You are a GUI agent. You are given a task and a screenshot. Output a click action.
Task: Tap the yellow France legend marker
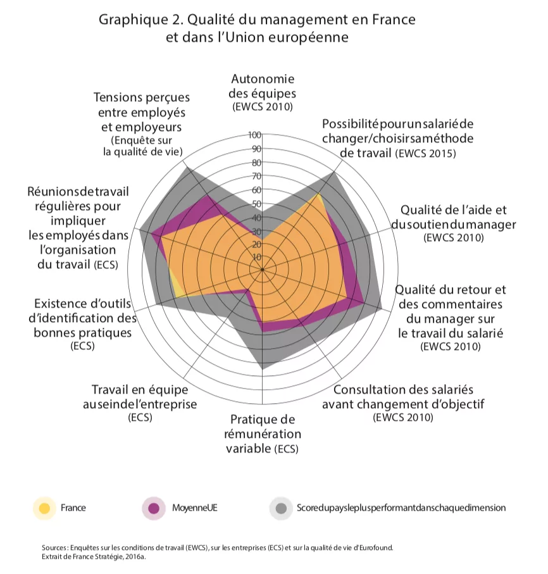click(44, 508)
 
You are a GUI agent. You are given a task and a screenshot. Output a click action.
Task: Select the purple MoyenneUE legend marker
click(154, 508)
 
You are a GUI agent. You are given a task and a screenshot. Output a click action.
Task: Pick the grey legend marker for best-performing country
click(281, 508)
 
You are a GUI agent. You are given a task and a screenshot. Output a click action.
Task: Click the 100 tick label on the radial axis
click(255, 135)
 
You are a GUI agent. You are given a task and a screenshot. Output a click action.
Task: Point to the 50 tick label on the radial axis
click(257, 204)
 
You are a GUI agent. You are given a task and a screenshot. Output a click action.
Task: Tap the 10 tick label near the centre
click(257, 257)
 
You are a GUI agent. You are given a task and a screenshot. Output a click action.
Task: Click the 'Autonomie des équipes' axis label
click(263, 92)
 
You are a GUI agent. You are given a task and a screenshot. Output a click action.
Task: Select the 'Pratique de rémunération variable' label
click(263, 434)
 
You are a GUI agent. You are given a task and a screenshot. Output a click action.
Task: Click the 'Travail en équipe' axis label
click(140, 402)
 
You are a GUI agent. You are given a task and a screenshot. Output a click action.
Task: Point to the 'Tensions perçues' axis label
click(142, 124)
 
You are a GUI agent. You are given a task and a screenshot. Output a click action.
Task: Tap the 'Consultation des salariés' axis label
click(403, 402)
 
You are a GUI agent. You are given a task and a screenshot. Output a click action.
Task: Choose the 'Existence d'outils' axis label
click(83, 325)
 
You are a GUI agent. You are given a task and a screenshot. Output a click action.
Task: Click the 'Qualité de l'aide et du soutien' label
click(454, 223)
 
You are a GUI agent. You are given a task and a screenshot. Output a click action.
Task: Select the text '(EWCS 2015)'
click(426, 153)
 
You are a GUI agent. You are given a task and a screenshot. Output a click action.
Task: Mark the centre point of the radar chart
click(262, 270)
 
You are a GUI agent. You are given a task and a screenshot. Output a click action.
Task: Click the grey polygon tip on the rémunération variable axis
click(263, 369)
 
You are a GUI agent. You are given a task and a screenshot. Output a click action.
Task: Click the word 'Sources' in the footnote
click(54, 548)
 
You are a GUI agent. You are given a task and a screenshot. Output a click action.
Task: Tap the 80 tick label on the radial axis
click(257, 163)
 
